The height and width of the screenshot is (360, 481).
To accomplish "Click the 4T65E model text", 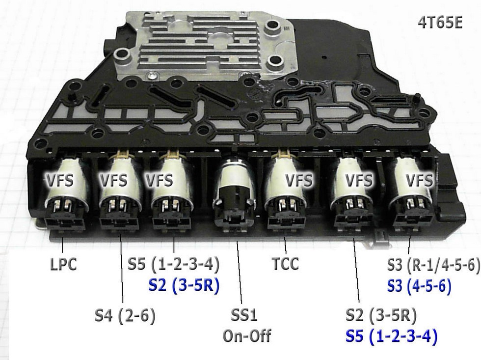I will click(439, 24).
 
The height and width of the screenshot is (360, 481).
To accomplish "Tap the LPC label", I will click(63, 264).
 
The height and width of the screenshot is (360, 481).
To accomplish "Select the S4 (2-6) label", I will click(125, 315).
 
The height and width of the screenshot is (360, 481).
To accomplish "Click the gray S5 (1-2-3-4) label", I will click(173, 264).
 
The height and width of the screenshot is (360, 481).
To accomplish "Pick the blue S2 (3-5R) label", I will click(183, 285).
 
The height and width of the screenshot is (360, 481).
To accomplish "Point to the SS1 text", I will click(244, 315).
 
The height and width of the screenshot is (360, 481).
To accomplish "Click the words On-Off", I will click(247, 336).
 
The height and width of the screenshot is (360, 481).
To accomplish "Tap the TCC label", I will click(285, 264).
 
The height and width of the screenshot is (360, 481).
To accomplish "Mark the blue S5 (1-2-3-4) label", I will click(392, 337).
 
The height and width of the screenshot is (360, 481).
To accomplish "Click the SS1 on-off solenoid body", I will click(234, 184).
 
